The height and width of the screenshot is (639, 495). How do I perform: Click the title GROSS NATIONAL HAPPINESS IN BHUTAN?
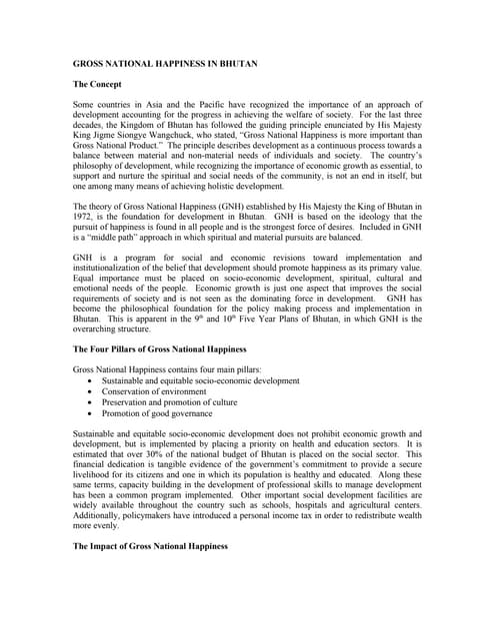166,64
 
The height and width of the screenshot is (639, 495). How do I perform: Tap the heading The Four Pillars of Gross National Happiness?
160,348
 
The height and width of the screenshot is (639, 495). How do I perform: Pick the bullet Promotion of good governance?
157,413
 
